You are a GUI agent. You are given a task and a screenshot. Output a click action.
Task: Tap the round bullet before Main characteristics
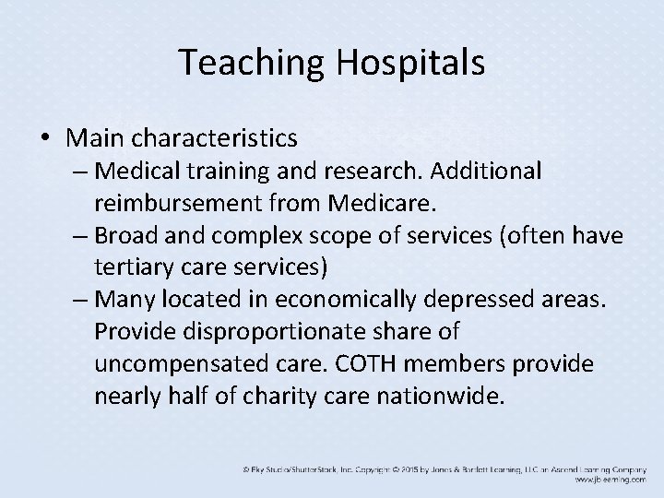tap(45, 138)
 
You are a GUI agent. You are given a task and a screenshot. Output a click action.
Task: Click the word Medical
tap(143, 172)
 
